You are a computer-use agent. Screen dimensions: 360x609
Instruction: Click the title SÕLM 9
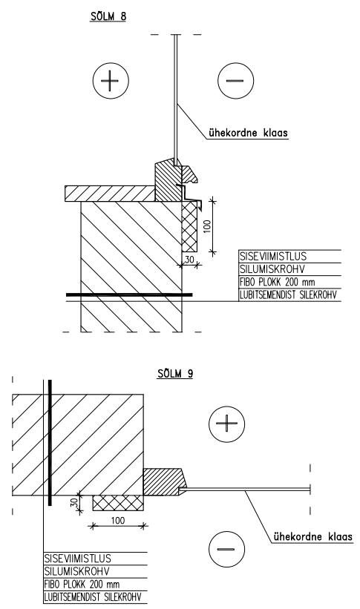(x=175, y=373)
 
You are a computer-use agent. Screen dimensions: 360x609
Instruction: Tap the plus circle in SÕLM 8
(x=111, y=81)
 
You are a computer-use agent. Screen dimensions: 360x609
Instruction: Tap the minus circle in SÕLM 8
(x=235, y=81)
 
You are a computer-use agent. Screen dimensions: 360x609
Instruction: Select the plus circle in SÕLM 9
(x=226, y=424)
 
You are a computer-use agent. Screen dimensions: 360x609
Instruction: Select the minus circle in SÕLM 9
(x=226, y=549)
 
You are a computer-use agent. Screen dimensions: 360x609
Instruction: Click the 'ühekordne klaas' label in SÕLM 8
(x=249, y=133)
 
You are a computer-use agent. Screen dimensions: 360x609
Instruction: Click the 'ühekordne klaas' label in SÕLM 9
(x=313, y=537)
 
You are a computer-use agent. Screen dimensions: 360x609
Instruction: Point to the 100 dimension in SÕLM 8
(x=207, y=226)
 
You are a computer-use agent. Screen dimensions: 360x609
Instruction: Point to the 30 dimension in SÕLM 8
(x=189, y=260)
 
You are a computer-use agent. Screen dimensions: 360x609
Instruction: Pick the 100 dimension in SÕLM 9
(x=118, y=520)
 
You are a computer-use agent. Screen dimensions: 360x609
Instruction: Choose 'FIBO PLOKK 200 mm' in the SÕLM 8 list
(x=277, y=282)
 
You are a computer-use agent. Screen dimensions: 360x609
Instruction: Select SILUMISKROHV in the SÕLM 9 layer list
(x=76, y=571)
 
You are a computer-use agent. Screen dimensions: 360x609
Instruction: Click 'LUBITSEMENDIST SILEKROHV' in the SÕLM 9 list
(x=93, y=597)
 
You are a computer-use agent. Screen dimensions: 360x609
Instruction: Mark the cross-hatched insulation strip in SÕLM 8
(x=191, y=226)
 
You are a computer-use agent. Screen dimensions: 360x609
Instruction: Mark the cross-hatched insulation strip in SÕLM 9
(x=118, y=503)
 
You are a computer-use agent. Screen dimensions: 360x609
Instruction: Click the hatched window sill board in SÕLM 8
(x=111, y=194)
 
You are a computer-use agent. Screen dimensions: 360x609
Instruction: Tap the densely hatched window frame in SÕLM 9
(x=163, y=482)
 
